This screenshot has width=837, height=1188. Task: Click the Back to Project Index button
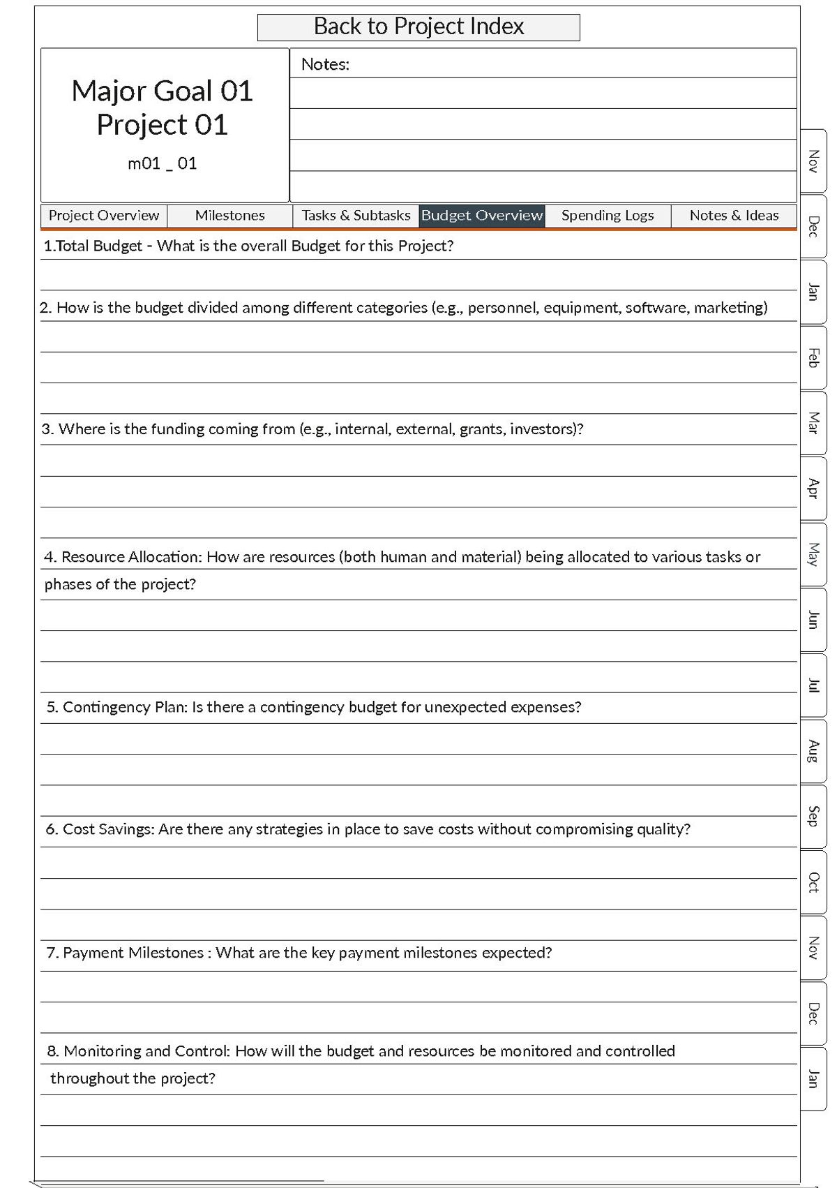[x=418, y=27]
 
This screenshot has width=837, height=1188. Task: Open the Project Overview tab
[x=104, y=216]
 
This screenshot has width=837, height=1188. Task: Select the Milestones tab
[x=229, y=216]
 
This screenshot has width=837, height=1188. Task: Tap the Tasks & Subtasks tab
[x=356, y=216]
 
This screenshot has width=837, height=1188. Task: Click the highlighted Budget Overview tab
[x=482, y=216]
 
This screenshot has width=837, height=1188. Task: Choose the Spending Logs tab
[x=608, y=216]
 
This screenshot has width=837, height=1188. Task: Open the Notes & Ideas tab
[x=734, y=216]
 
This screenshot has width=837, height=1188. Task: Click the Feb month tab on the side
[x=813, y=357]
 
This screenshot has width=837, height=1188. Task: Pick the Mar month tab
[x=813, y=423]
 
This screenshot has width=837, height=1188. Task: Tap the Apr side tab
[x=813, y=489]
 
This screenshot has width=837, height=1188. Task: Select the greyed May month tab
[x=813, y=554]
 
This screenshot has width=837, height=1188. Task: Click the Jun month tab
[x=813, y=620]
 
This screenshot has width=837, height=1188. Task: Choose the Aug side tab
[x=813, y=751]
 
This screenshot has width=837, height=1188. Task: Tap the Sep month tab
[x=813, y=816]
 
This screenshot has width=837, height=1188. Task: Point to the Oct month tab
[x=813, y=882]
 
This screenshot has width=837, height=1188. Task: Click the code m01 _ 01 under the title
[x=163, y=164]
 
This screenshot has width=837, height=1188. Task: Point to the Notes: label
[x=325, y=65]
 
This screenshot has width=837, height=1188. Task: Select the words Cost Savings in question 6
[x=108, y=829]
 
